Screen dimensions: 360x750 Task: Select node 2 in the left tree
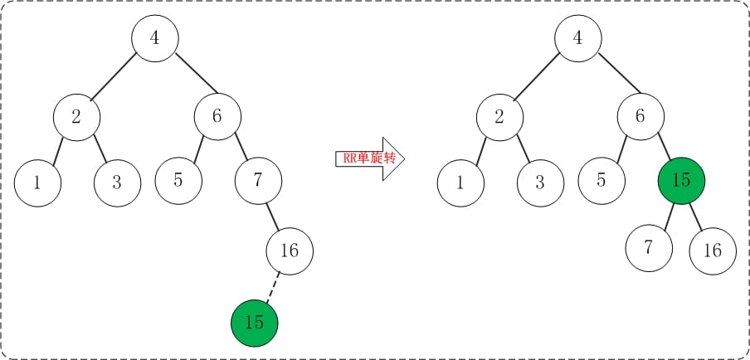pos(76,116)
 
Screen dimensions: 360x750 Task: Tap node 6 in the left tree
pos(217,116)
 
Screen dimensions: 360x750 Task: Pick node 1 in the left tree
pos(37,182)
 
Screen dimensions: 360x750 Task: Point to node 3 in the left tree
pos(117,182)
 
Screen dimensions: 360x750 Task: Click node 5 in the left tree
pos(178,179)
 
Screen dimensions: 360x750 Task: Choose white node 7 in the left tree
pos(258,179)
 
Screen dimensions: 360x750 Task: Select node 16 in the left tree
pos(290,250)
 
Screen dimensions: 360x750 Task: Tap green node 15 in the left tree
pos(255,322)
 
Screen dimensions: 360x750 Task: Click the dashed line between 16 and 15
pos(272,286)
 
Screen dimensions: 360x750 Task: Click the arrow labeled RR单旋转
pos(369,158)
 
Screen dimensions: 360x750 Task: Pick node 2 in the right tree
pos(499,116)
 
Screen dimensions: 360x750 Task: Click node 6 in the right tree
pos(640,116)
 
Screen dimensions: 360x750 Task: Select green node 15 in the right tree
pos(681,180)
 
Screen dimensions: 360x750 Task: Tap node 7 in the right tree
pos(650,248)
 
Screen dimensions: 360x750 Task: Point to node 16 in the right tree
pos(713,250)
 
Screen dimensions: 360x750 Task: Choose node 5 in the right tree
pos(601,179)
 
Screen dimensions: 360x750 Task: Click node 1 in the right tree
pos(460,182)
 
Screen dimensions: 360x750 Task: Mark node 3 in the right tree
pos(540,182)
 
